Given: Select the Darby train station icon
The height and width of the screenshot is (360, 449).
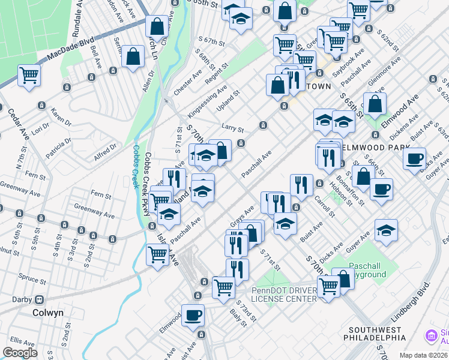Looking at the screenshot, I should (x=40, y=299).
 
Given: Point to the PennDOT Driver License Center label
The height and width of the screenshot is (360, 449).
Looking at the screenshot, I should (x=283, y=294).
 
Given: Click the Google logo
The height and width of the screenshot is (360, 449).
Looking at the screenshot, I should (x=20, y=353).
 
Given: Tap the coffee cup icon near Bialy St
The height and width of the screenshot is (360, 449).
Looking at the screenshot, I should (x=193, y=316).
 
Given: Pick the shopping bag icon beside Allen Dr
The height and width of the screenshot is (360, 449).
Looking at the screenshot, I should (x=133, y=57).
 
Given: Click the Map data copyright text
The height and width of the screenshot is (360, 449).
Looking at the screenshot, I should (x=423, y=355).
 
